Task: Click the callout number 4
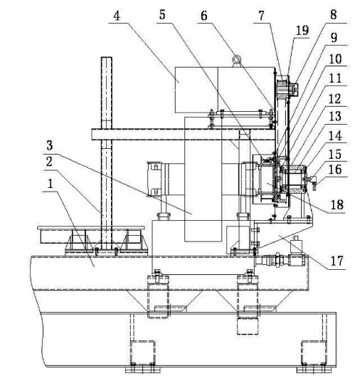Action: pyautogui.click(x=117, y=16)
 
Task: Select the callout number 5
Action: pyautogui.click(x=162, y=15)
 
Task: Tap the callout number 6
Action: pyautogui.click(x=204, y=16)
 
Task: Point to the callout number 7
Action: pyautogui.click(x=261, y=16)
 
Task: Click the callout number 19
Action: pyautogui.click(x=302, y=31)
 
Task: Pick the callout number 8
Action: pyautogui.click(x=334, y=15)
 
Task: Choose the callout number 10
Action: pyautogui.click(x=335, y=59)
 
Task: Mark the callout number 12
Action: pyautogui.click(x=335, y=99)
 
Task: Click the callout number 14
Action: pyautogui.click(x=335, y=136)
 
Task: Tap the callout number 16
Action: pyautogui.click(x=335, y=169)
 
